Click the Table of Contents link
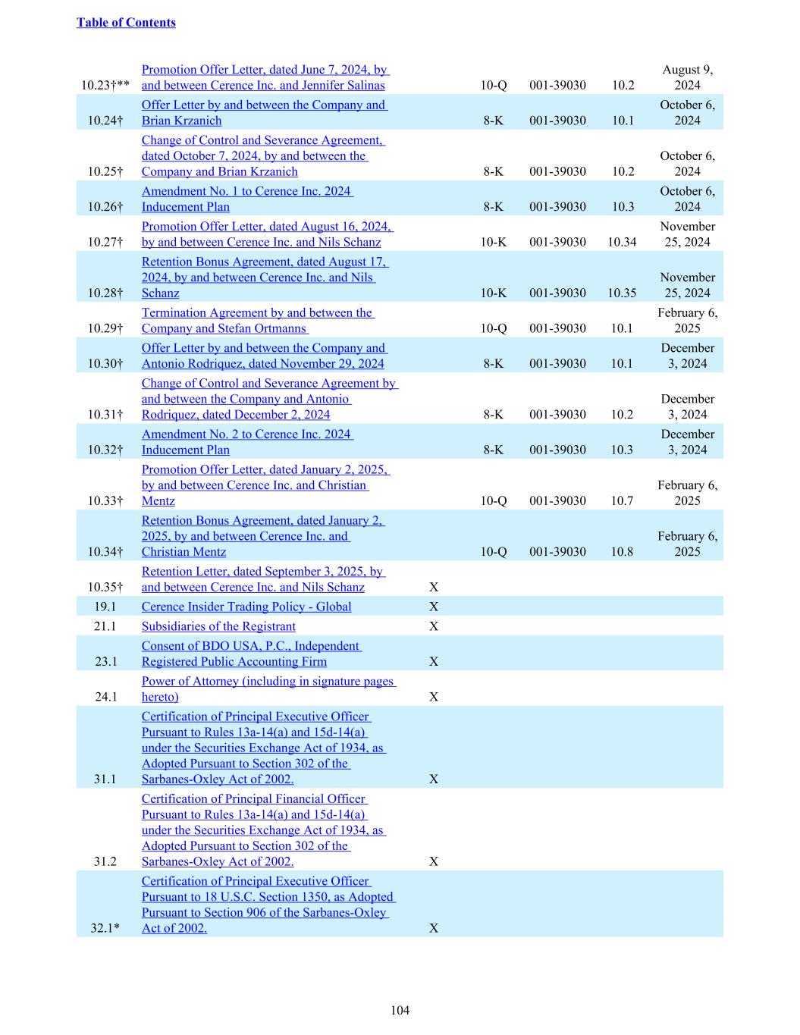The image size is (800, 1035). click(126, 23)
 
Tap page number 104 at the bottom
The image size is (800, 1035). click(400, 1010)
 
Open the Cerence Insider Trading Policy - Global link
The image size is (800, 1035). click(246, 607)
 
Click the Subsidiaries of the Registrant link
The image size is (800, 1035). click(218, 626)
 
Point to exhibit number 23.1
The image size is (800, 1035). click(105, 661)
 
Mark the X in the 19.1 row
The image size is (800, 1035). click(434, 607)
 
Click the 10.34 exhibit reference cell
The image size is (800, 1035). click(622, 242)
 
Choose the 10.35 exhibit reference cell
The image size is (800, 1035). click(622, 293)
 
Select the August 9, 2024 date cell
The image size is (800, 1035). click(687, 77)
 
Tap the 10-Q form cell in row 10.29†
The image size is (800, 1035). click(493, 328)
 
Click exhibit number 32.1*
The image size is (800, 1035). click(105, 928)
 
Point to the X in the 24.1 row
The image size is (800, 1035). click(434, 697)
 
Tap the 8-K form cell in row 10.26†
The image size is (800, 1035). click(493, 207)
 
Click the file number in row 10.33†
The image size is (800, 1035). click(557, 500)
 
